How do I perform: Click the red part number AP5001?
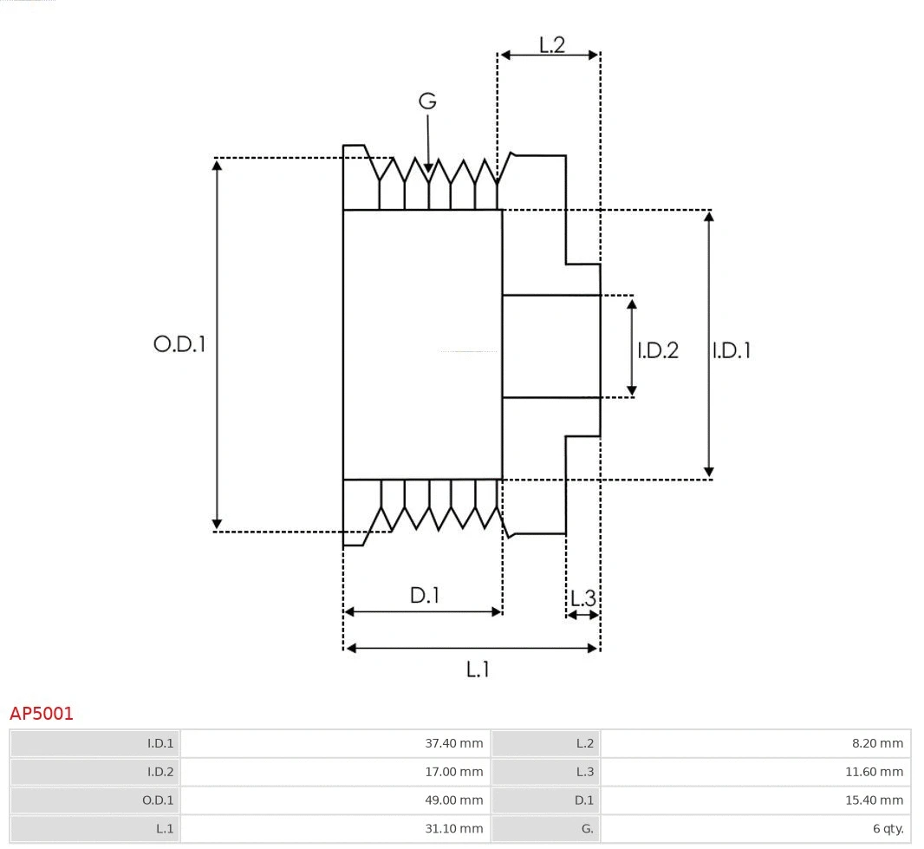coord(42,714)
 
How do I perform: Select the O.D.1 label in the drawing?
coord(179,344)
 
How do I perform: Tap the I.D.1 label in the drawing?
coord(731,350)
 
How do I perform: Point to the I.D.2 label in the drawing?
coord(658,350)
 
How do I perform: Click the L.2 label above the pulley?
coord(552,44)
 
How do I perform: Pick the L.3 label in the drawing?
coord(583,598)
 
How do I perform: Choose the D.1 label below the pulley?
coord(425,595)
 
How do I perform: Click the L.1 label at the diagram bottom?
coord(478,669)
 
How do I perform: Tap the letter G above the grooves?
coord(427,101)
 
